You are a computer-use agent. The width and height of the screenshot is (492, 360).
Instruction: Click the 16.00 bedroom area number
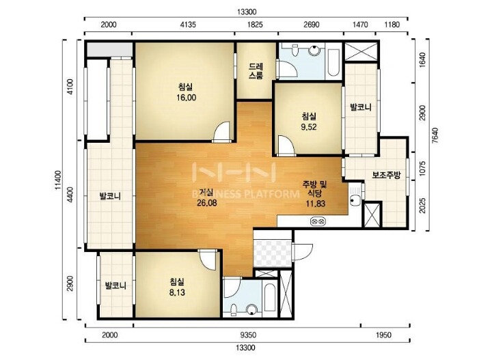tap(187, 98)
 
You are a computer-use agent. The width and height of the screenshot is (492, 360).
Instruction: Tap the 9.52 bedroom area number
tap(308, 127)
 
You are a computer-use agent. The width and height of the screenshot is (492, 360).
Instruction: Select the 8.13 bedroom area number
tap(177, 292)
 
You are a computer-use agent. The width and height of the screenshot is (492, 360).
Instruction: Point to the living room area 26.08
tap(207, 203)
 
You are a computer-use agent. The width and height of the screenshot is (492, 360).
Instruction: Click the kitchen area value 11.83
tap(315, 204)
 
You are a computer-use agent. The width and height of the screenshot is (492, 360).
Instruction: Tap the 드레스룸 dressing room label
tap(256, 71)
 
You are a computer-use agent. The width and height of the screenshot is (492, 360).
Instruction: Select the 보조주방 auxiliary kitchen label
tap(386, 175)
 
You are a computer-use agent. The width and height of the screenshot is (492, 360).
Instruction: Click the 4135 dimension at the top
tap(188, 25)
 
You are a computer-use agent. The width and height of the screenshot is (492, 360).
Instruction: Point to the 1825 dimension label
tap(255, 25)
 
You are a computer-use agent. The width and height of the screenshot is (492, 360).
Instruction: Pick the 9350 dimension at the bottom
tap(248, 335)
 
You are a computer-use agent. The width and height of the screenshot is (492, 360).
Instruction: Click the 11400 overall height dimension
tap(57, 180)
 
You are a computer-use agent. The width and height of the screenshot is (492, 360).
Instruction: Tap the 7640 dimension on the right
tap(435, 135)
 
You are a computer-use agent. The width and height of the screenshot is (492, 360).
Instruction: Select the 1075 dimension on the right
tap(422, 169)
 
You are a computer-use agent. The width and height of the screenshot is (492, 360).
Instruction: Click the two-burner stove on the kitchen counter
tap(318, 221)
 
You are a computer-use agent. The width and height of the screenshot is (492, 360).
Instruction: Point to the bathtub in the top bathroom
tap(333, 62)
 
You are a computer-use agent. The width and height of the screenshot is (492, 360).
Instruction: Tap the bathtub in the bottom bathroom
tap(269, 298)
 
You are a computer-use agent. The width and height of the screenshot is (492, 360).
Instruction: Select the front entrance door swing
tap(302, 252)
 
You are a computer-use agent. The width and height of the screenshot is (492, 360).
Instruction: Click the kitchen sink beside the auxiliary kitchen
tap(356, 195)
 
